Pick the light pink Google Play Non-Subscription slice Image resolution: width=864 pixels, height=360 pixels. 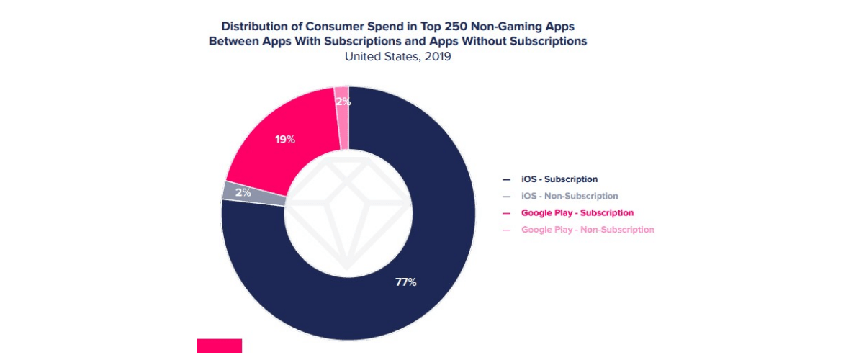point(341,115)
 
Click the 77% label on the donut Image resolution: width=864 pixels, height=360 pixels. point(405,282)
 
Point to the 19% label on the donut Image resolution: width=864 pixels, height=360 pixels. point(285,139)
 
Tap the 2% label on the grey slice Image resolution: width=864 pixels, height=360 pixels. point(243,192)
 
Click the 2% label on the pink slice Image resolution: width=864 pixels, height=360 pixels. point(343,102)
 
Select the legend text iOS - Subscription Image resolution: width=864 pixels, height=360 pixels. point(559,179)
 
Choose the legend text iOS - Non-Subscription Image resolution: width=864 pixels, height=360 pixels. point(570,196)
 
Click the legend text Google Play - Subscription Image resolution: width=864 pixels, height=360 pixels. point(577,213)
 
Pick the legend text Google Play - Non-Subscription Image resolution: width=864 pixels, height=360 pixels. point(588,230)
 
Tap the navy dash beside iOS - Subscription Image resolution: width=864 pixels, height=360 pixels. point(506,179)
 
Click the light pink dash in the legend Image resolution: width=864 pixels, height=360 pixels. point(506,230)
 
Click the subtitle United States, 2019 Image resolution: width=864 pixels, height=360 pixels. point(397,56)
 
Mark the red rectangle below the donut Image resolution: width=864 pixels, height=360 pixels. point(219,346)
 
